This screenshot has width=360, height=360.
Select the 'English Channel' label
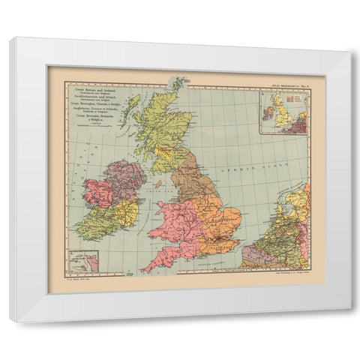202,265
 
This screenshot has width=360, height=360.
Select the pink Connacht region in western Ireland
98,192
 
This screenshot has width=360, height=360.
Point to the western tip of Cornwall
144,268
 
